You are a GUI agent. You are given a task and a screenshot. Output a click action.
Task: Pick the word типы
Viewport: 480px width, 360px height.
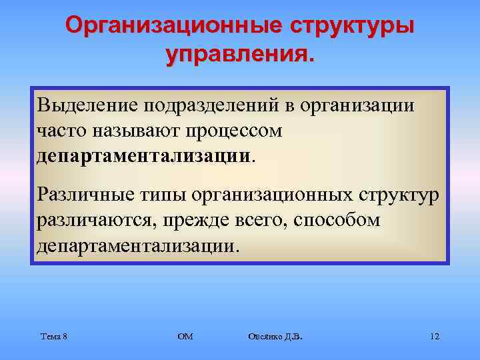pos(161,195)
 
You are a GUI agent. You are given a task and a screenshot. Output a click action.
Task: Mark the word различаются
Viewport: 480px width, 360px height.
pos(93,220)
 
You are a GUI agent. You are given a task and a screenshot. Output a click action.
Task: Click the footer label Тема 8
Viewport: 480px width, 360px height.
pos(53,337)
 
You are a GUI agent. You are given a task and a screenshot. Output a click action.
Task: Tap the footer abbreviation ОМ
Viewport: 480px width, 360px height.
pos(185,337)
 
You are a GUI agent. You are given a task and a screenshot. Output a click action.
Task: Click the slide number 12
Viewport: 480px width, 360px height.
pos(435,337)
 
